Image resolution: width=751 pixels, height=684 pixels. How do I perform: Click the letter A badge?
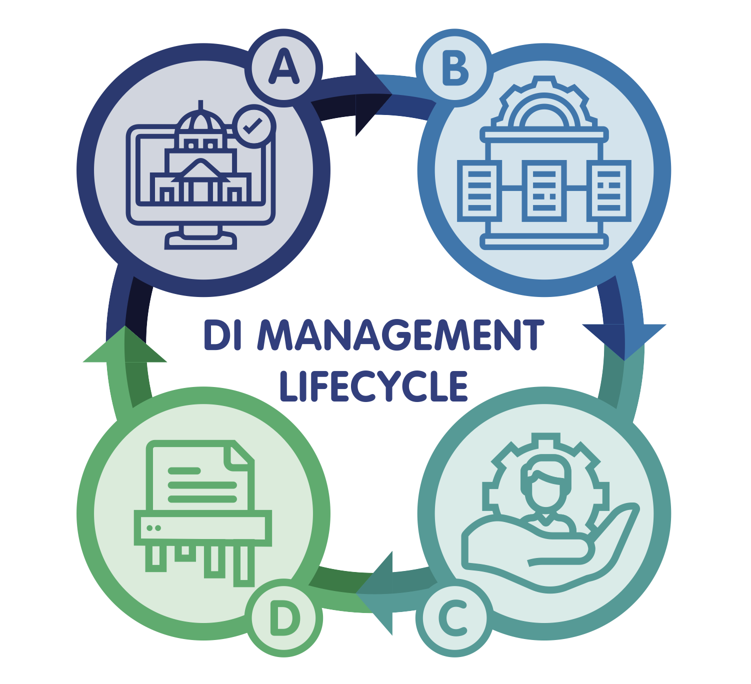[284, 68]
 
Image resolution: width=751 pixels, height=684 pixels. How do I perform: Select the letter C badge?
[454, 618]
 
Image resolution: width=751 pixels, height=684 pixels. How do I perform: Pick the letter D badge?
[284, 618]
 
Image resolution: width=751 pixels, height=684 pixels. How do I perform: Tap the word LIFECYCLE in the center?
[373, 386]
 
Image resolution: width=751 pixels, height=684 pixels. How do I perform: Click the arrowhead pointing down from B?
[624, 340]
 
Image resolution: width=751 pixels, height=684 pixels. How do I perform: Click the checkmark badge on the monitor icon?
[254, 126]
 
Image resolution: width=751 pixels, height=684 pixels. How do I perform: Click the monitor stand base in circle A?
[201, 241]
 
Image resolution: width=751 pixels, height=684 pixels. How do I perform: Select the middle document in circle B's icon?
[544, 190]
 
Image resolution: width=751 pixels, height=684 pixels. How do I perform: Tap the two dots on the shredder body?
[153, 528]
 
